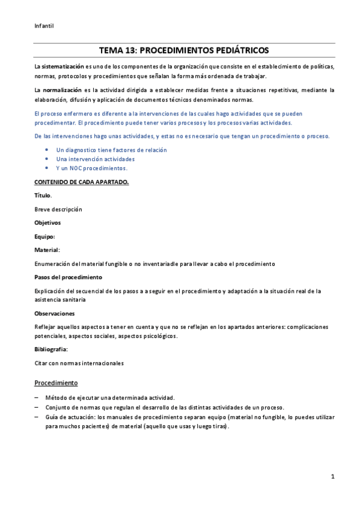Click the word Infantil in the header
(44, 25)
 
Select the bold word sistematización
(63, 66)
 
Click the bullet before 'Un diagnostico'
(47, 150)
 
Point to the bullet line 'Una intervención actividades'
(95, 159)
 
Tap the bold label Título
(43, 195)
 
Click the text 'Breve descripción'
(58, 209)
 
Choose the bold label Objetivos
(47, 223)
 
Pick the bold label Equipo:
(45, 236)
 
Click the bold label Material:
(47, 250)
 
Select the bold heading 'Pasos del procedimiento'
(69, 277)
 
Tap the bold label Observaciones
(55, 313)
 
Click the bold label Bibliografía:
(51, 349)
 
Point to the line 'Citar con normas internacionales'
(79, 363)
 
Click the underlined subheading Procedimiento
(56, 382)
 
